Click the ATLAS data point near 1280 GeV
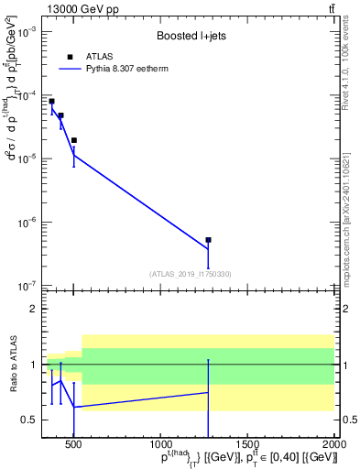tap(208, 240)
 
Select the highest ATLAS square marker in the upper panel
tap(51, 101)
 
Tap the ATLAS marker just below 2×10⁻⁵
tap(73, 140)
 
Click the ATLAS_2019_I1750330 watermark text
tap(190, 274)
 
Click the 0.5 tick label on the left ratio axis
tap(27, 420)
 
